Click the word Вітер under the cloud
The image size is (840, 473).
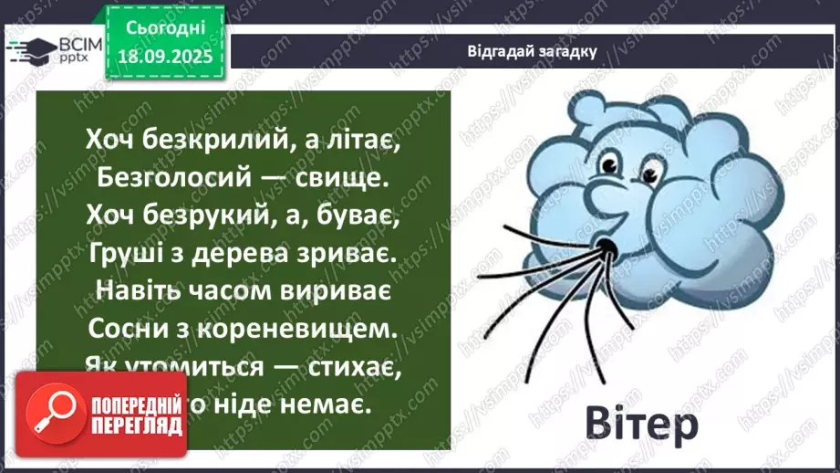(x=641, y=424)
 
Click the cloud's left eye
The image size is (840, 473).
(x=606, y=165)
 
